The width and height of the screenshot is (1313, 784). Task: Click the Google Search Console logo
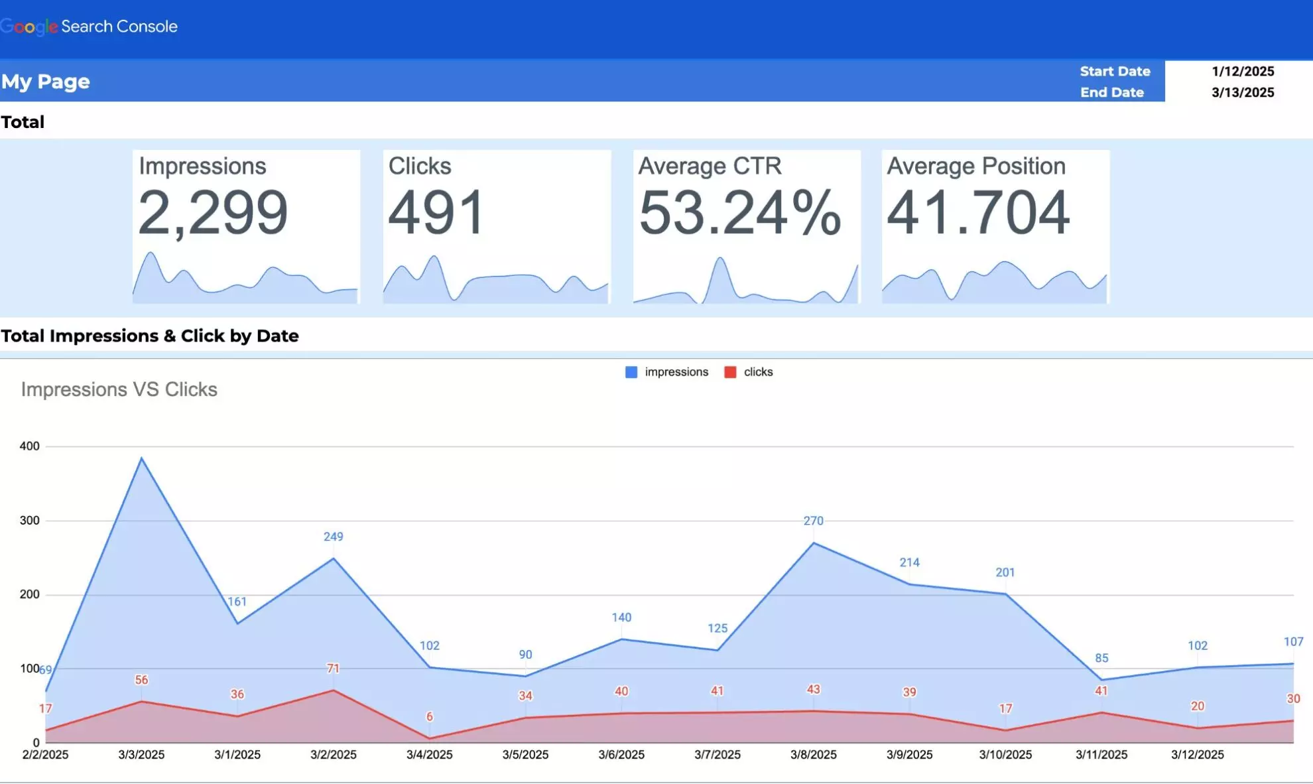pos(89,27)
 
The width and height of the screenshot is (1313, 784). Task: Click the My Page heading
pos(45,82)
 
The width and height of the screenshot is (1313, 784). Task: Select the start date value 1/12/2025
pos(1242,71)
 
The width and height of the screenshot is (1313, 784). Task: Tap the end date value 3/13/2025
pos(1242,92)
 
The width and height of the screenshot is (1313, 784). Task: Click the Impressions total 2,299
pos(213,212)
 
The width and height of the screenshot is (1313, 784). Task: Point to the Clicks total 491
pos(436,212)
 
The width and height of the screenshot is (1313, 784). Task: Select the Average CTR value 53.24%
pos(739,212)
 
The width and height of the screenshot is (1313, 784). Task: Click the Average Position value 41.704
pos(978,212)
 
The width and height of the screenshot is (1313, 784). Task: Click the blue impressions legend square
pos(631,372)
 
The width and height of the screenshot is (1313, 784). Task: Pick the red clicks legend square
pos(730,372)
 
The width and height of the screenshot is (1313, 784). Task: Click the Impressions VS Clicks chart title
pos(119,389)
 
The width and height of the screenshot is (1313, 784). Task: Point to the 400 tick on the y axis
pos(29,446)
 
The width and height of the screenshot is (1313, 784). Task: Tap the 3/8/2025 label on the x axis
pos(813,754)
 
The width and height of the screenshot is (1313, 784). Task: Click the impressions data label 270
pos(813,521)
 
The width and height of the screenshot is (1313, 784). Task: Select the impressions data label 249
pos(333,536)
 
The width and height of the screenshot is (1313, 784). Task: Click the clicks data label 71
pos(333,668)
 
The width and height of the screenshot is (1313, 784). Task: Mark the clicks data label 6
pos(429,716)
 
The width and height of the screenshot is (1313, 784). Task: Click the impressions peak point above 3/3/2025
pos(141,458)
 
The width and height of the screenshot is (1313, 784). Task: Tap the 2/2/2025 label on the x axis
pos(45,754)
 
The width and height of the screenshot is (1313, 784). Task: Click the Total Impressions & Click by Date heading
pos(149,336)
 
